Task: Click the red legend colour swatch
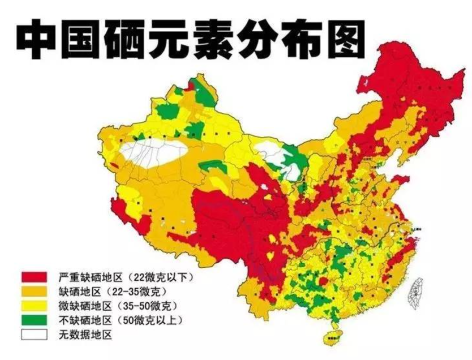(34, 277)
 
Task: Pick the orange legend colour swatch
(34, 292)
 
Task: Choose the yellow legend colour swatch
(34, 306)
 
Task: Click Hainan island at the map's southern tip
(330, 338)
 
